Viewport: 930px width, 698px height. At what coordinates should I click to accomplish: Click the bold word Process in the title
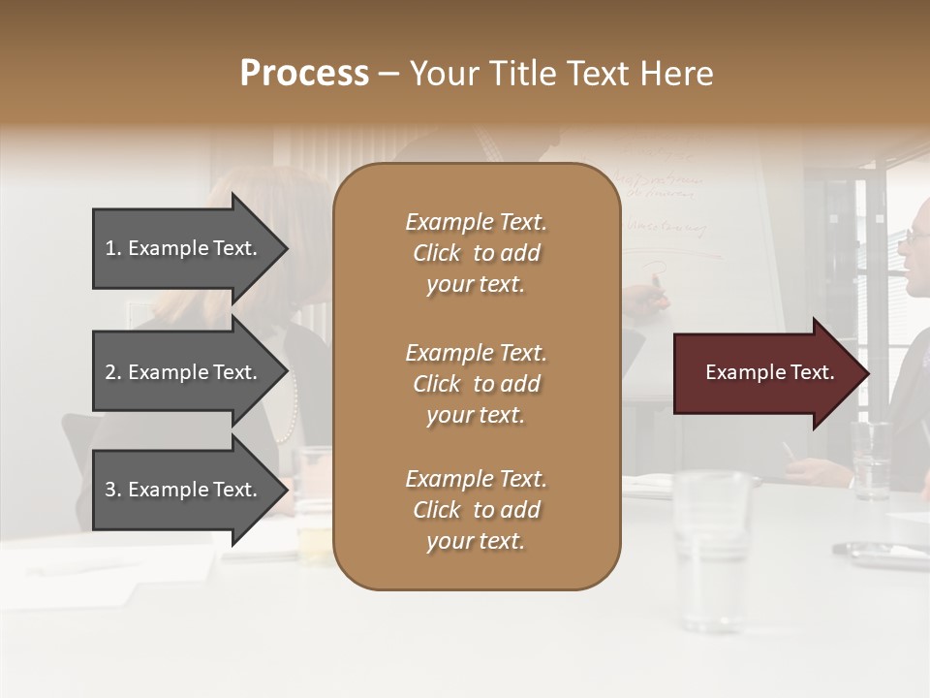pyautogui.click(x=304, y=73)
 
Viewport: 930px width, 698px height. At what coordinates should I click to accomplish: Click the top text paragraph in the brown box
pyautogui.click(x=476, y=253)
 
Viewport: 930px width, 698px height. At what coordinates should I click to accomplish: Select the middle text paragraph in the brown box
pyautogui.click(x=476, y=383)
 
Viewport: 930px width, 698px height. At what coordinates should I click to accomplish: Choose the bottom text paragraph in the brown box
pyautogui.click(x=476, y=510)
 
